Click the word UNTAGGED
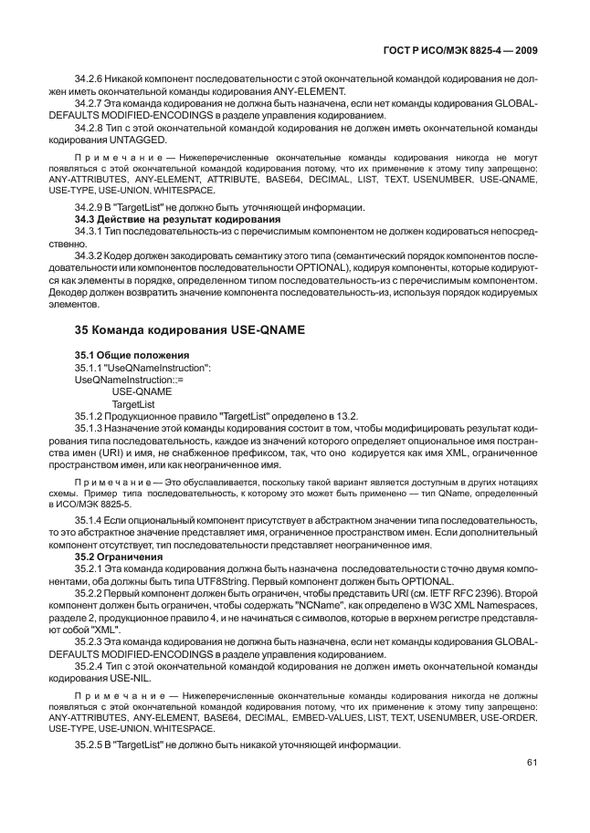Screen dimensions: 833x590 (140, 139)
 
